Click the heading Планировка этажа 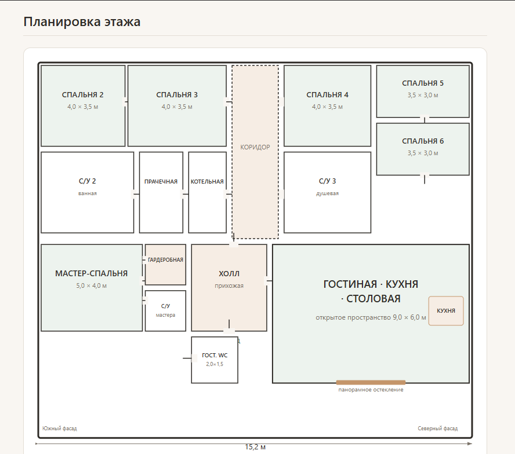(82, 21)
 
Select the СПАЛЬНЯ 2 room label (83, 95)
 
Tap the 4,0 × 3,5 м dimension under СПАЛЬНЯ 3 (177, 107)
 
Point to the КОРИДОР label (255, 147)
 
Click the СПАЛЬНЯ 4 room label (328, 95)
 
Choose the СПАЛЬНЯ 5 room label (423, 83)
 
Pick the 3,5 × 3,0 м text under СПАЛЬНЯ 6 (423, 153)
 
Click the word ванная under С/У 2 (88, 193)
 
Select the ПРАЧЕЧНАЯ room (161, 192)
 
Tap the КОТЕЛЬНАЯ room (207, 192)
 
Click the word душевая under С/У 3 (328, 193)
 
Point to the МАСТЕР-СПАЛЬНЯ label (91, 273)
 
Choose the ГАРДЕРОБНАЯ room (165, 265)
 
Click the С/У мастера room (165, 310)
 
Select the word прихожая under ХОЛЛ (229, 285)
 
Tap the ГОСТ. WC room (215, 360)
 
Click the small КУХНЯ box (446, 310)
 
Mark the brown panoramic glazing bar (371, 382)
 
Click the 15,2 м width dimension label (255, 447)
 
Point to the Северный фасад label (437, 429)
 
